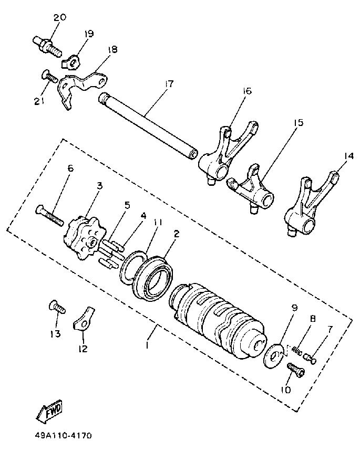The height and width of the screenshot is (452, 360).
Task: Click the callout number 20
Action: click(59, 18)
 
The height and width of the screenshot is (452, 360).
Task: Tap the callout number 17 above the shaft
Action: click(168, 83)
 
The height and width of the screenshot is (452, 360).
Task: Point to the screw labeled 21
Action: click(49, 78)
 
